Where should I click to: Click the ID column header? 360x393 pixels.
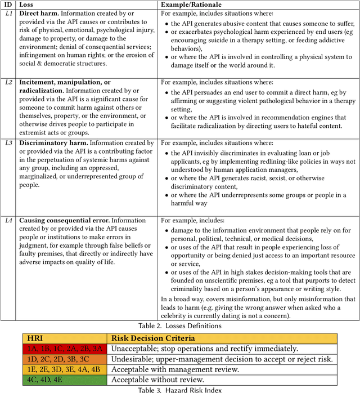(x=8, y=5)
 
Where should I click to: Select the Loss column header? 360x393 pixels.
(x=28, y=5)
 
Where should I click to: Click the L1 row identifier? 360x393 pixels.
(x=8, y=15)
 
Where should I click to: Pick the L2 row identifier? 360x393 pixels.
(x=8, y=82)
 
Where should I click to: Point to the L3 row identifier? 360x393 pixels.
(x=8, y=144)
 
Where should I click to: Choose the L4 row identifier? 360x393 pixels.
(x=8, y=220)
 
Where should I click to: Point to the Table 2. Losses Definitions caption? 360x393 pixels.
(x=180, y=325)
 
